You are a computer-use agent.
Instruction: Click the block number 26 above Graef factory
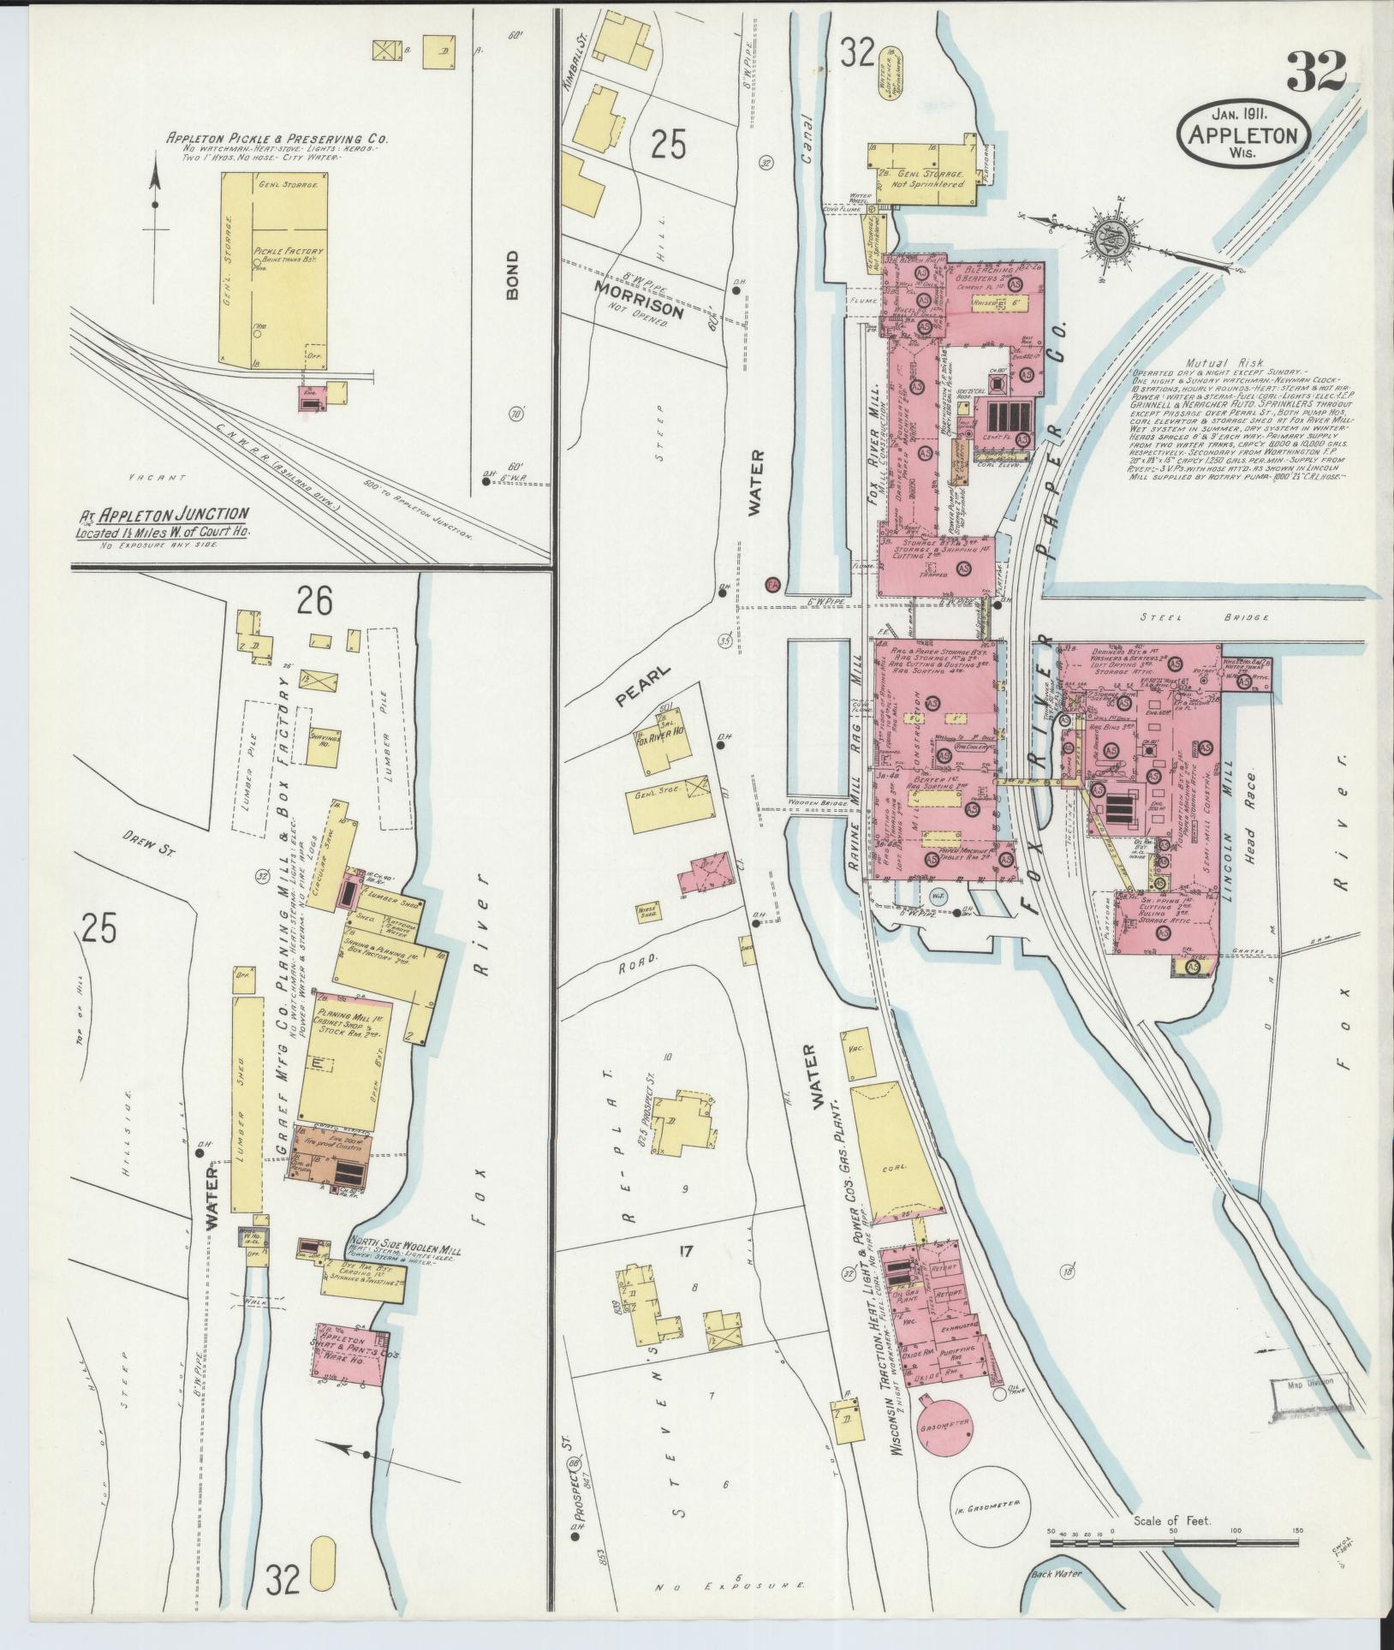coord(314,603)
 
